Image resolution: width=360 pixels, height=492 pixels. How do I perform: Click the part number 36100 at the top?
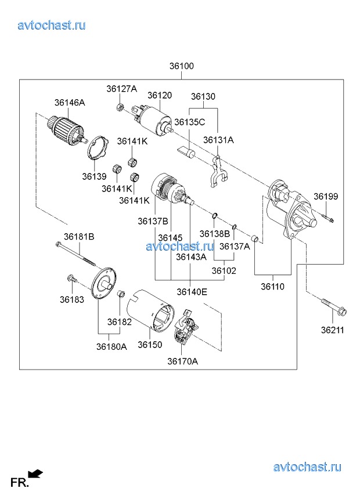pos(182,67)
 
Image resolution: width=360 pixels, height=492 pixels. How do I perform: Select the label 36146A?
pos(70,103)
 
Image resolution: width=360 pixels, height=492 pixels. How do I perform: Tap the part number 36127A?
pos(121,89)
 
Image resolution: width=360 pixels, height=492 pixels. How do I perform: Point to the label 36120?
pos(160,95)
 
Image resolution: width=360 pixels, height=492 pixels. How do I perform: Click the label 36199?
pos(326,197)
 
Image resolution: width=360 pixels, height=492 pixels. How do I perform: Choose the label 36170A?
pos(183,361)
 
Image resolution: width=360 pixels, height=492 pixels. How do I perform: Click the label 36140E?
pos(192,292)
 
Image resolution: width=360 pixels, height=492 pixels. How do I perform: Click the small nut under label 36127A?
pos(119,107)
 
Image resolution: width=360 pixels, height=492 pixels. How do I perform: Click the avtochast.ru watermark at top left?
pos(52,25)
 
